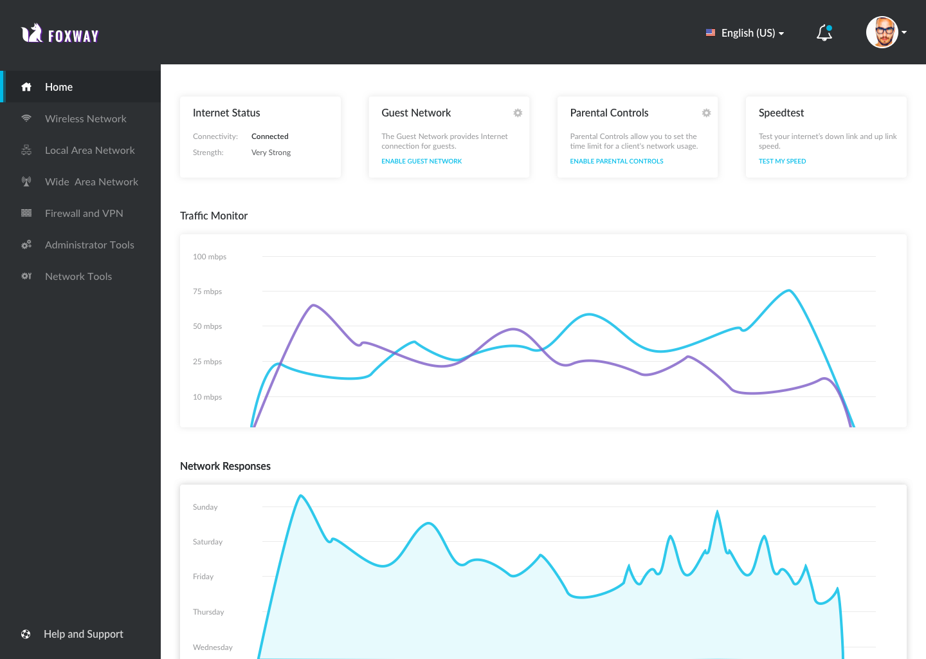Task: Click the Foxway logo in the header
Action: (x=60, y=33)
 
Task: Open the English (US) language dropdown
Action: (x=745, y=33)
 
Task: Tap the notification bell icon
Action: (x=824, y=33)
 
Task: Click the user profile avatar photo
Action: (x=882, y=32)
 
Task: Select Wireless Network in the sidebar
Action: (x=86, y=118)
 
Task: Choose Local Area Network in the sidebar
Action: (x=89, y=150)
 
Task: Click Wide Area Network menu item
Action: (x=91, y=181)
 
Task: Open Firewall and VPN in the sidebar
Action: (x=84, y=213)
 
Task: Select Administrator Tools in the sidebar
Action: (x=89, y=245)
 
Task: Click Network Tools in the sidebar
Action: (x=78, y=276)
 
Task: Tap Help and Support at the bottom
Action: (x=83, y=634)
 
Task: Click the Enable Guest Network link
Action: (x=421, y=161)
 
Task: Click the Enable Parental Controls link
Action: (x=616, y=161)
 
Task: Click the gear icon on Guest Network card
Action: (x=518, y=113)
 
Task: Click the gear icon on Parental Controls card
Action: (x=706, y=113)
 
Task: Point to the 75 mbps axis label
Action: (x=207, y=292)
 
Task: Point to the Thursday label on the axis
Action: (x=208, y=612)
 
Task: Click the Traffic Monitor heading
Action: (x=213, y=216)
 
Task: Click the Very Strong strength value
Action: (x=271, y=153)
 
